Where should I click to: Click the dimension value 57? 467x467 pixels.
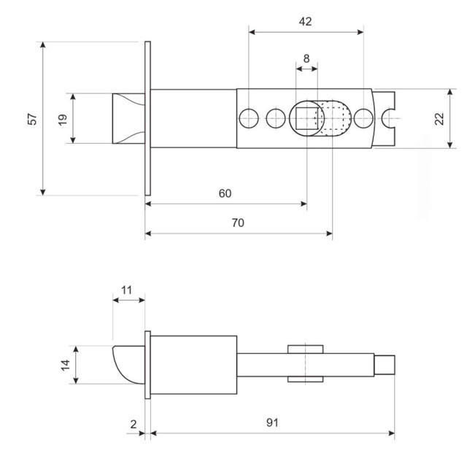click(x=32, y=118)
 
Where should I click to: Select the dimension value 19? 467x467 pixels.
click(x=63, y=118)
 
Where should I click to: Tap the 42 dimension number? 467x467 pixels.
click(x=305, y=21)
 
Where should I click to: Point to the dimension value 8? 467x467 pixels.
click(x=306, y=58)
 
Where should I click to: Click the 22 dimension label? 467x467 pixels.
click(x=439, y=119)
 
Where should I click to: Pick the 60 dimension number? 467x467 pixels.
click(x=225, y=193)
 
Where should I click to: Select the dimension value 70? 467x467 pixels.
click(x=238, y=223)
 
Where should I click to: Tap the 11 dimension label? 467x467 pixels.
click(x=127, y=290)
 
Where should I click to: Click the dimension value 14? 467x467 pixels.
click(x=64, y=364)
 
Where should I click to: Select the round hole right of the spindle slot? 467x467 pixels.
click(x=363, y=118)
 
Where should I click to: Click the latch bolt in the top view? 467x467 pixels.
click(x=127, y=118)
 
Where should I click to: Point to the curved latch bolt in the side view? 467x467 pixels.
click(x=128, y=365)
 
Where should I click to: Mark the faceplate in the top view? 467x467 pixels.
click(x=148, y=118)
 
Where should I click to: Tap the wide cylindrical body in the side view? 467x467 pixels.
click(x=194, y=365)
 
